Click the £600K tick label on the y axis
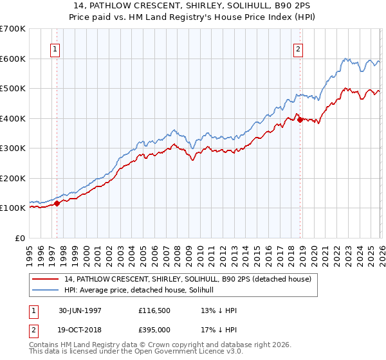coord(13,59)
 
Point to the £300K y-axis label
coord(13,148)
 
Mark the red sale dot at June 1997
coord(57,203)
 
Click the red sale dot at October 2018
coord(300,120)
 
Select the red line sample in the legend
coord(46,279)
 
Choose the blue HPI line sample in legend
coord(46,289)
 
